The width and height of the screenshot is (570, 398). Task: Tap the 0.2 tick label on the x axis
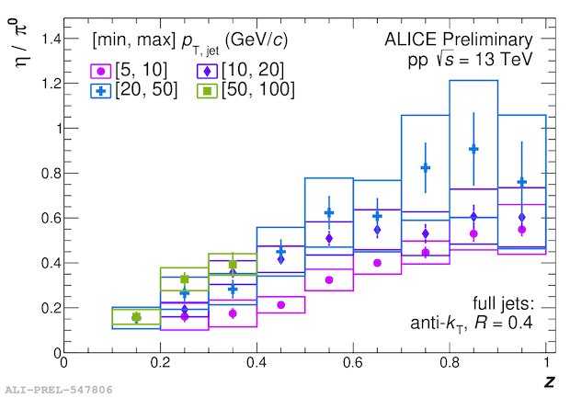tap(160, 365)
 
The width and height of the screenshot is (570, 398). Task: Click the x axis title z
tap(548, 379)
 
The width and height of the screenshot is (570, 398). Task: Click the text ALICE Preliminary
tap(459, 40)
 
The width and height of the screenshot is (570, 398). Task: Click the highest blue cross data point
tap(473, 149)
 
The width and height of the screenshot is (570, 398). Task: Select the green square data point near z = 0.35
tap(233, 265)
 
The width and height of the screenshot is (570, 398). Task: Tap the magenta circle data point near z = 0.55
tap(329, 279)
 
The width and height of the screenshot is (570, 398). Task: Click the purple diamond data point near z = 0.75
tap(426, 233)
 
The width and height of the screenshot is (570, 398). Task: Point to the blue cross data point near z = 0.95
tap(522, 182)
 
